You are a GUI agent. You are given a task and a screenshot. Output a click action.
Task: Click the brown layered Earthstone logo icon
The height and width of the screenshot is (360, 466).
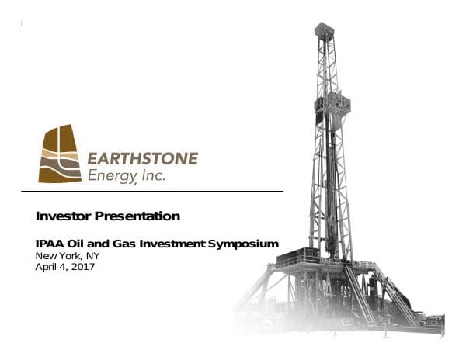61,154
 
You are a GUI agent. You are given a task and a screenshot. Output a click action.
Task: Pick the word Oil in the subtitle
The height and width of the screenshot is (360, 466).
78,244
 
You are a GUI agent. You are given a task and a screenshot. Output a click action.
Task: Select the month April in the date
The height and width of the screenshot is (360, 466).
48,267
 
